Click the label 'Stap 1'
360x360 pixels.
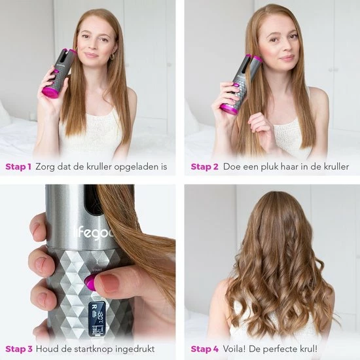pyautogui.click(x=18, y=167)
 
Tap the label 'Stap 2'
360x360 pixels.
pyautogui.click(x=204, y=167)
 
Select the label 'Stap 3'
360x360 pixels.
pyautogui.click(x=19, y=349)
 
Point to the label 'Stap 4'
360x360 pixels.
pyautogui.click(x=205, y=349)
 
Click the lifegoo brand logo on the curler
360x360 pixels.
pyautogui.click(x=94, y=233)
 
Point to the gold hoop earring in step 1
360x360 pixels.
pyautogui.click(x=112, y=57)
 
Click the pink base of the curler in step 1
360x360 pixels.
pyautogui.click(x=50, y=92)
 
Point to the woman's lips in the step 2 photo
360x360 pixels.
pyautogui.click(x=287, y=58)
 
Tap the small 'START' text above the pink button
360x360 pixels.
pyautogui.click(x=96, y=270)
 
